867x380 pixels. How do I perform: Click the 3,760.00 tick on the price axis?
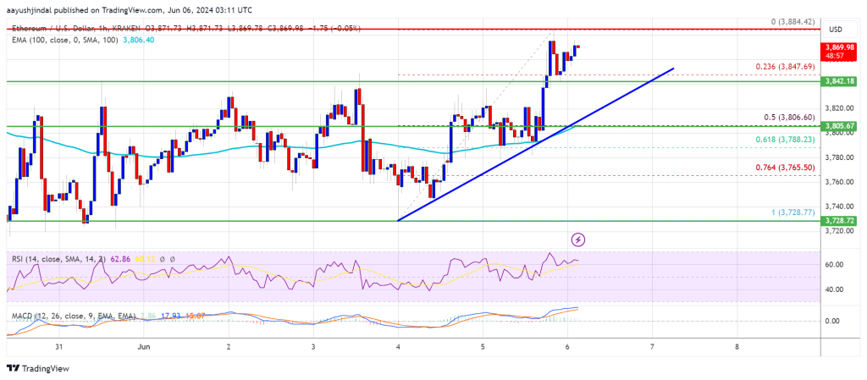(x=838, y=181)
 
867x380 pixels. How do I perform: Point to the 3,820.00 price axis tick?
(x=838, y=108)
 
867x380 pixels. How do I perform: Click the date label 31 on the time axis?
(x=57, y=346)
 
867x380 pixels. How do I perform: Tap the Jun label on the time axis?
(x=144, y=346)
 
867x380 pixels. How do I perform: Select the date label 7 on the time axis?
(x=651, y=346)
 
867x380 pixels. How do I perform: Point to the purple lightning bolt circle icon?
(x=578, y=240)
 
